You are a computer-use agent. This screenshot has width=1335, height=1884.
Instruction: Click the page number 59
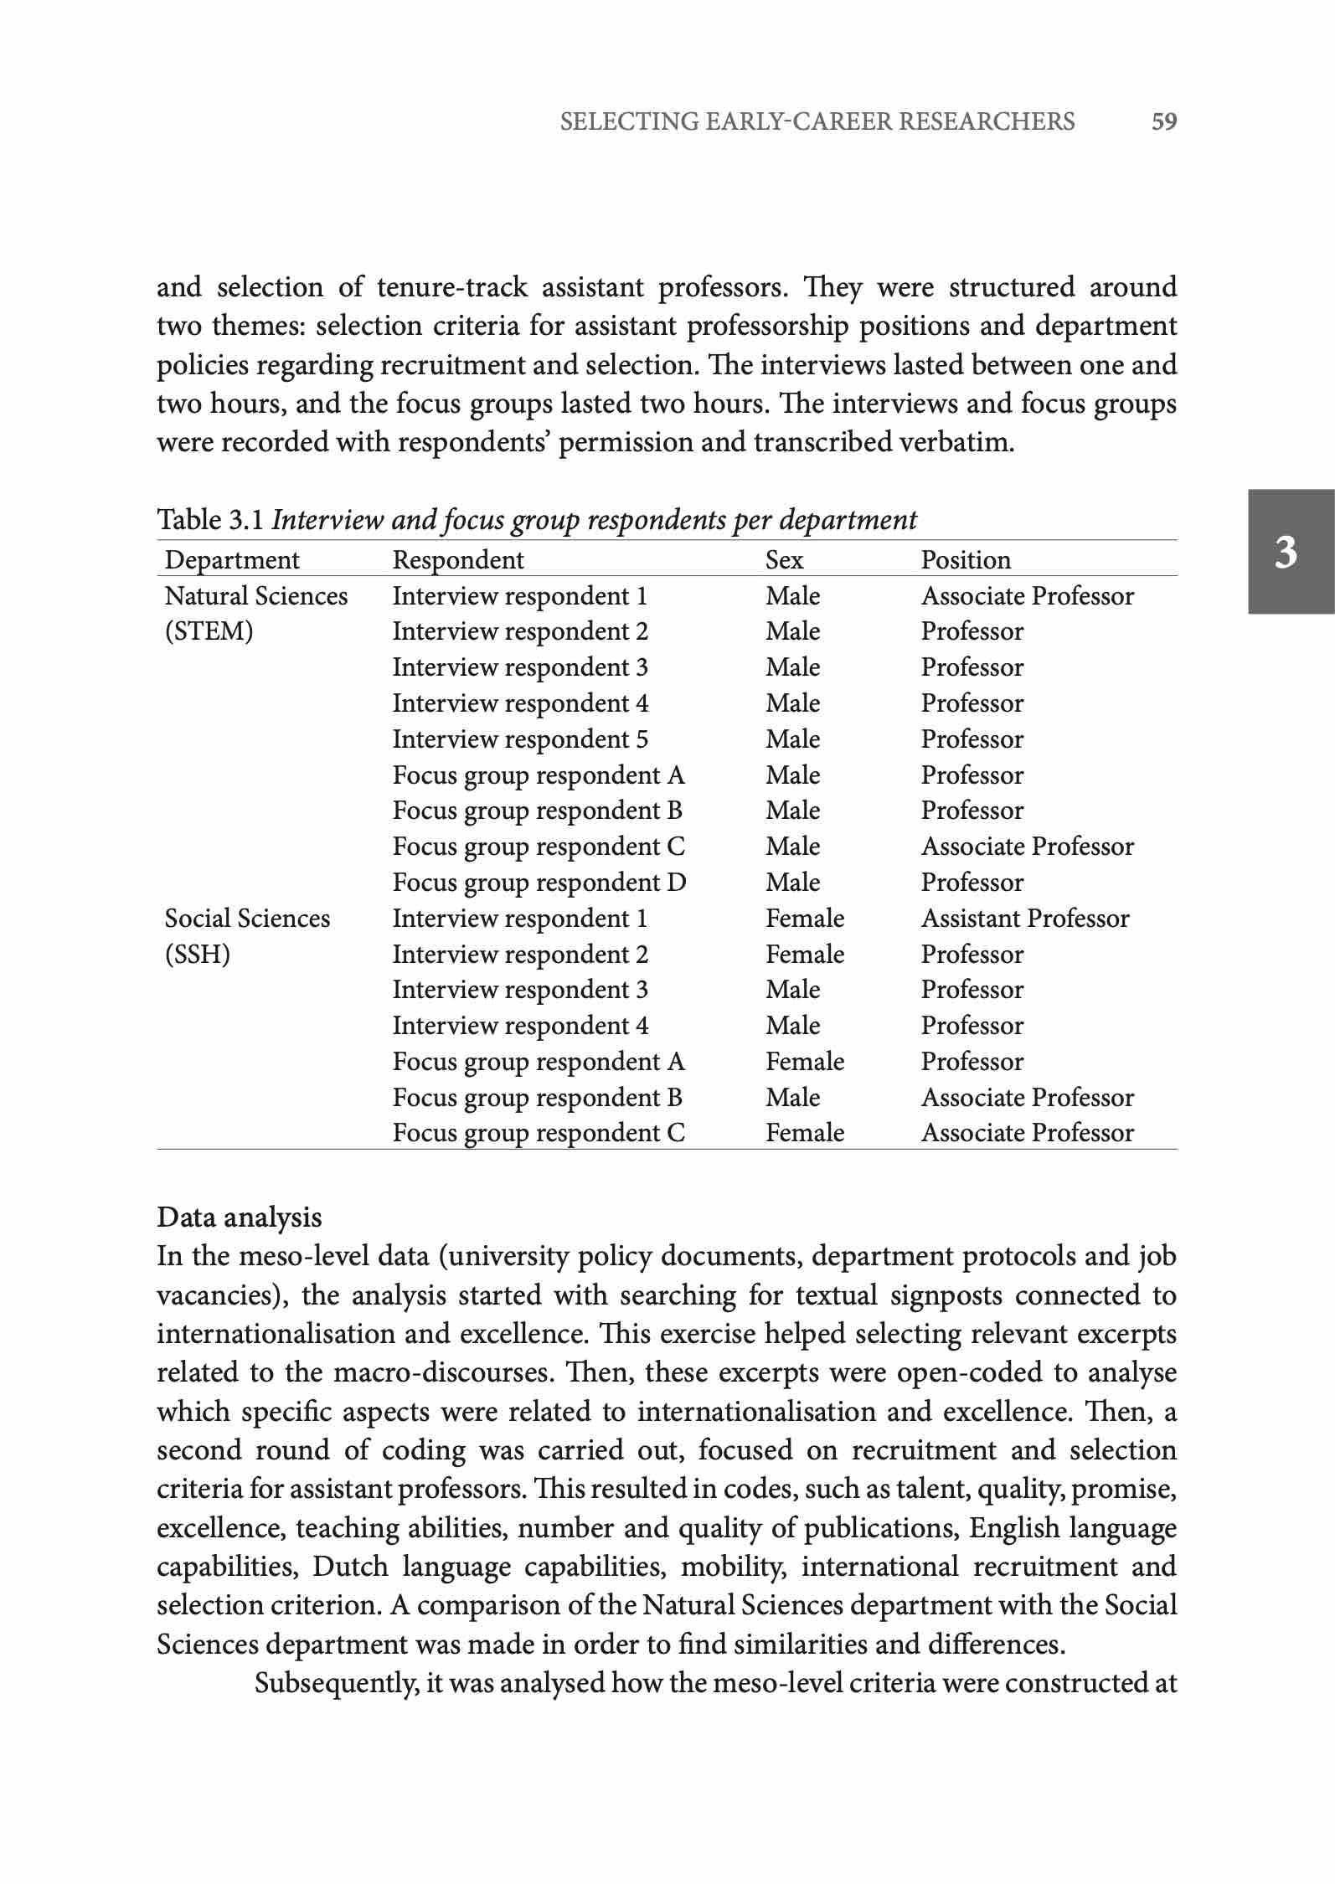[x=1164, y=122]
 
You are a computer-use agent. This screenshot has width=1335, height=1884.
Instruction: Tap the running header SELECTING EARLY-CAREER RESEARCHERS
[x=817, y=122]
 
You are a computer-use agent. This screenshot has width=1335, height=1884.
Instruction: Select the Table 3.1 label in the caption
[x=211, y=520]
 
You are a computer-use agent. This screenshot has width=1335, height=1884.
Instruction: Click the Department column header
[x=232, y=559]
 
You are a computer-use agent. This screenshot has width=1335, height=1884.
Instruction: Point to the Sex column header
[x=784, y=559]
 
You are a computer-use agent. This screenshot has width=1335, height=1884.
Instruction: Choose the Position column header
[x=966, y=559]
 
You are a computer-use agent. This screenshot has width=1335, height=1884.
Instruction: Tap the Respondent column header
[x=458, y=559]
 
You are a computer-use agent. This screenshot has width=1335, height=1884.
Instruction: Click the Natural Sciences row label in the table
[x=255, y=595]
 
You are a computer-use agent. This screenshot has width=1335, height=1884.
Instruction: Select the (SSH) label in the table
[x=198, y=955]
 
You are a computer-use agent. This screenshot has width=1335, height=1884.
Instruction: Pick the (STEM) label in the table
[x=209, y=631]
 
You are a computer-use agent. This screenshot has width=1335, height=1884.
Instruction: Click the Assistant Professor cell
[x=1025, y=919]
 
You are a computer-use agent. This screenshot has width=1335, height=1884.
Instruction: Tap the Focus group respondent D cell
[x=539, y=883]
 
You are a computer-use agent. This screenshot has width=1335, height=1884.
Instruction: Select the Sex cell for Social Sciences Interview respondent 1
[x=805, y=919]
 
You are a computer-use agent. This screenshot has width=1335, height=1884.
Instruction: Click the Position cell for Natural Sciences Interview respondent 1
[x=1028, y=595]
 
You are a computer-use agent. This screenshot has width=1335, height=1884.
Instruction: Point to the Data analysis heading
[x=240, y=1217]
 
